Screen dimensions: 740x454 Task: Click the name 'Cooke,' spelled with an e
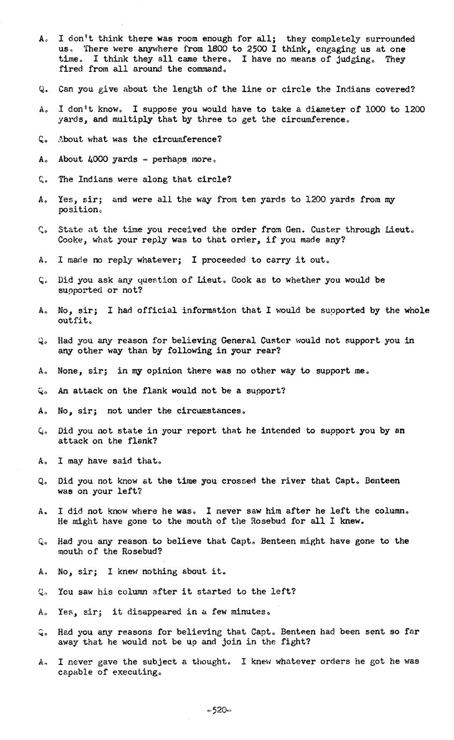tap(73, 240)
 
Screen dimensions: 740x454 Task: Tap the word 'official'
tap(156, 310)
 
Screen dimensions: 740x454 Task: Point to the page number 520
tap(219, 711)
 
